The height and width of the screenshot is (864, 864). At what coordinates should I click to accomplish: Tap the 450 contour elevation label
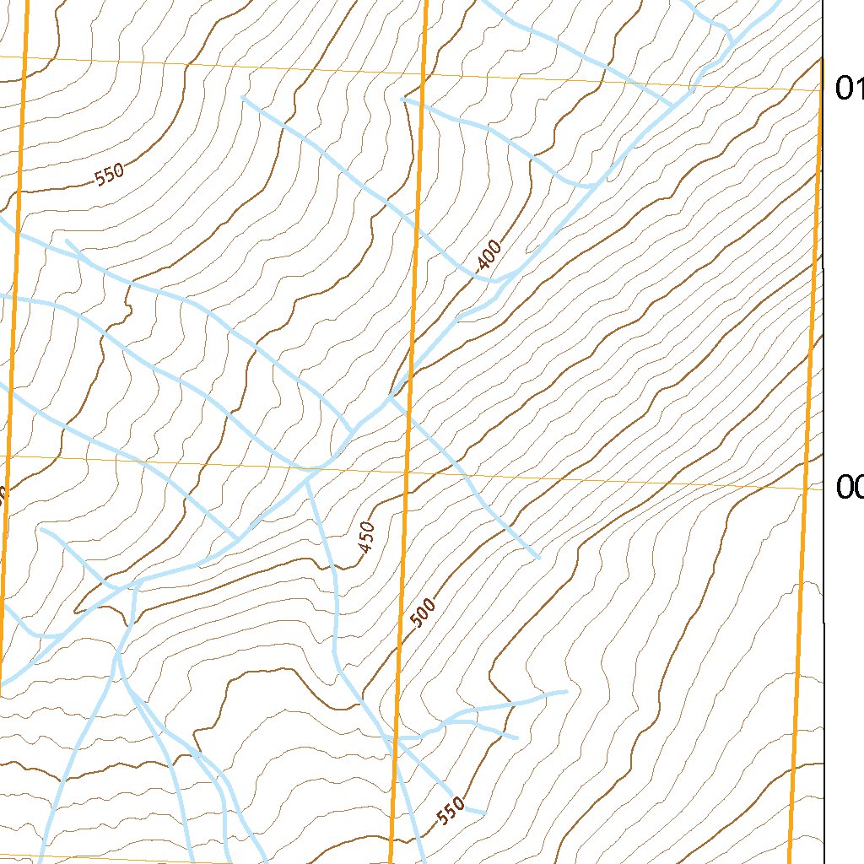[x=365, y=537]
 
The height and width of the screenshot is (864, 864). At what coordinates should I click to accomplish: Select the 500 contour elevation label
[x=424, y=613]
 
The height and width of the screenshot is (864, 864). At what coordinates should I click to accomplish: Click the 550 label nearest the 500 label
[x=451, y=810]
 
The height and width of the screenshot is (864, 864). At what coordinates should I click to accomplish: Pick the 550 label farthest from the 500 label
[x=110, y=175]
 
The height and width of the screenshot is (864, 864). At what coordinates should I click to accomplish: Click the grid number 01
[x=847, y=88]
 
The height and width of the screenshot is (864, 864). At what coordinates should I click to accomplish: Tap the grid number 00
[x=849, y=487]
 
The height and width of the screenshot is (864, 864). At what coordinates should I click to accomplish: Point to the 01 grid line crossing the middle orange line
[x=424, y=74]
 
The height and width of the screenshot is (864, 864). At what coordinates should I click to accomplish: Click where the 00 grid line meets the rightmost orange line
[x=807, y=488]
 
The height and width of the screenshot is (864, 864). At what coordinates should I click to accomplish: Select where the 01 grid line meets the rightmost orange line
[x=820, y=89]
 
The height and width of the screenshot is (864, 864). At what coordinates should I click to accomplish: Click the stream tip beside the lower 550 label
[x=483, y=813]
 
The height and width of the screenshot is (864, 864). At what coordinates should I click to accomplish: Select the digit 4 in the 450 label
[x=364, y=548]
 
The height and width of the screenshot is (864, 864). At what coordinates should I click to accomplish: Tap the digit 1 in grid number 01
[x=856, y=88]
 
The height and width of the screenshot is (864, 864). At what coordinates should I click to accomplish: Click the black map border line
[x=823, y=337]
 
